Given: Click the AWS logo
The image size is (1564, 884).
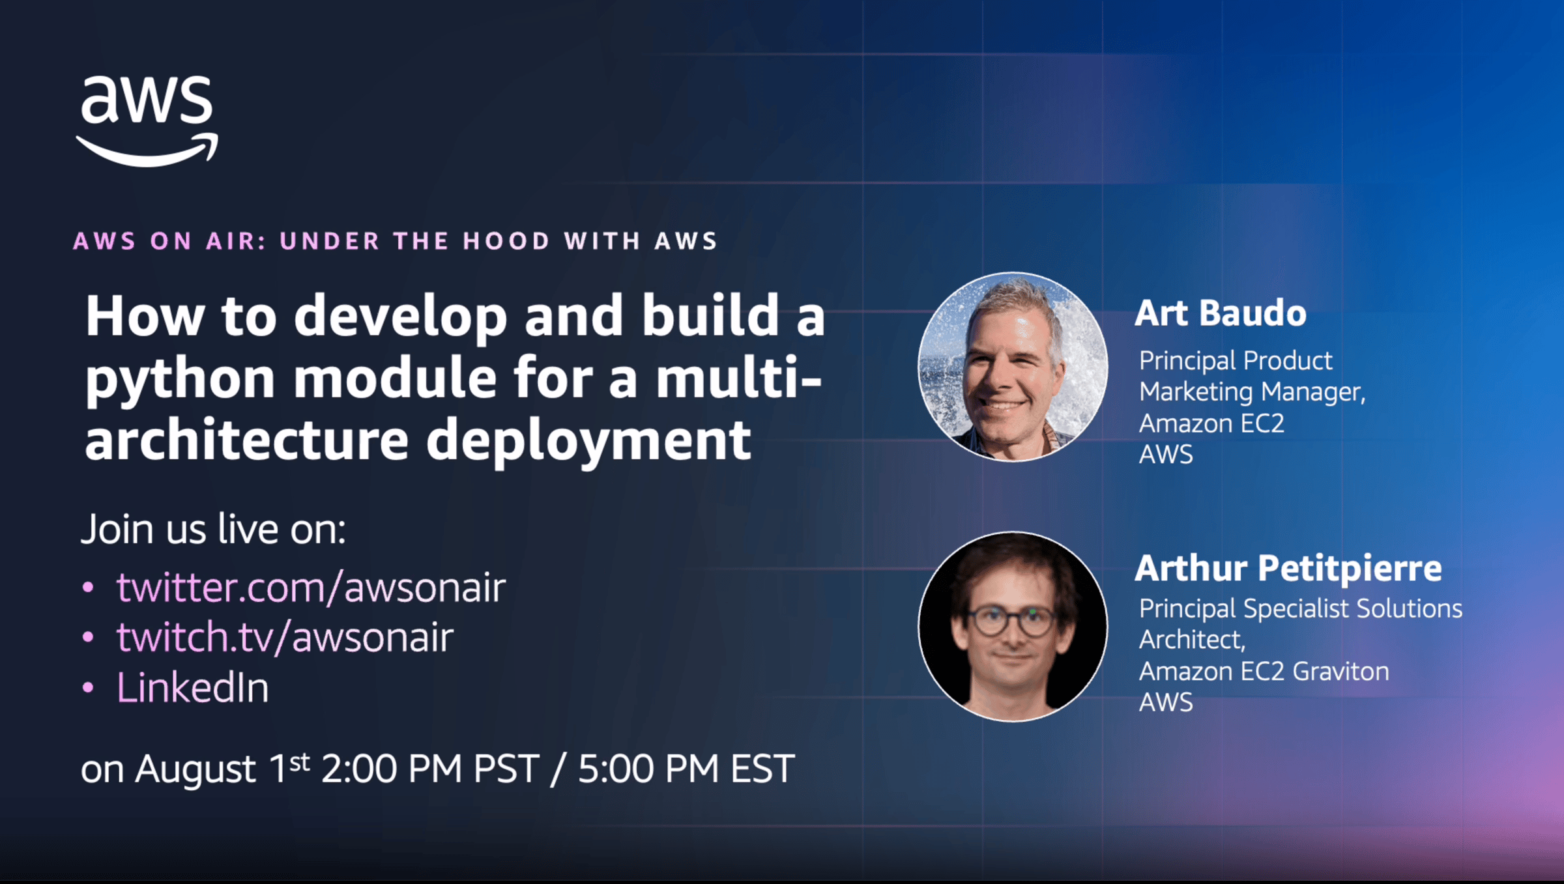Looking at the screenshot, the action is click(147, 121).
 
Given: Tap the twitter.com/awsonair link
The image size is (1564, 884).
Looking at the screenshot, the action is click(311, 588).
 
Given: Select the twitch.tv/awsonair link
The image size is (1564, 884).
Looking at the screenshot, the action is click(285, 637).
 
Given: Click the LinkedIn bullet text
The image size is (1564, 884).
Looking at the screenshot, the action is click(192, 687).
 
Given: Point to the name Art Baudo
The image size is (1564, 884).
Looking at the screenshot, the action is click(1221, 313).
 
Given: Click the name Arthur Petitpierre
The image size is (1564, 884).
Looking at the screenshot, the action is click(1288, 568).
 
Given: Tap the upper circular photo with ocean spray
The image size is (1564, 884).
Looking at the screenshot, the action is click(1013, 367).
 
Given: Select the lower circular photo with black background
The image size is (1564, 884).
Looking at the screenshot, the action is click(1013, 627).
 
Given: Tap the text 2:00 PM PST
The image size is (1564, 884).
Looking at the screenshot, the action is click(431, 769).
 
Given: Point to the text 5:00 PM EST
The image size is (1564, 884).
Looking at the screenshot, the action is click(686, 769).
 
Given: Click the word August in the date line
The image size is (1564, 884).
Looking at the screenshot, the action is click(195, 771).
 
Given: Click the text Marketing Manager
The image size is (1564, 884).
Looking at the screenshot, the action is click(1252, 392).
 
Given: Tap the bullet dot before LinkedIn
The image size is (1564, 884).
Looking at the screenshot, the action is click(88, 688).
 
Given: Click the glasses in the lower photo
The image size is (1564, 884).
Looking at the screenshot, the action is click(1011, 620).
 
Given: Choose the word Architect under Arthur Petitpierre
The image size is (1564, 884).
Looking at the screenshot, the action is click(1192, 640).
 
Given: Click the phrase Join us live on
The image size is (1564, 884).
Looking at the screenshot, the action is click(213, 529).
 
